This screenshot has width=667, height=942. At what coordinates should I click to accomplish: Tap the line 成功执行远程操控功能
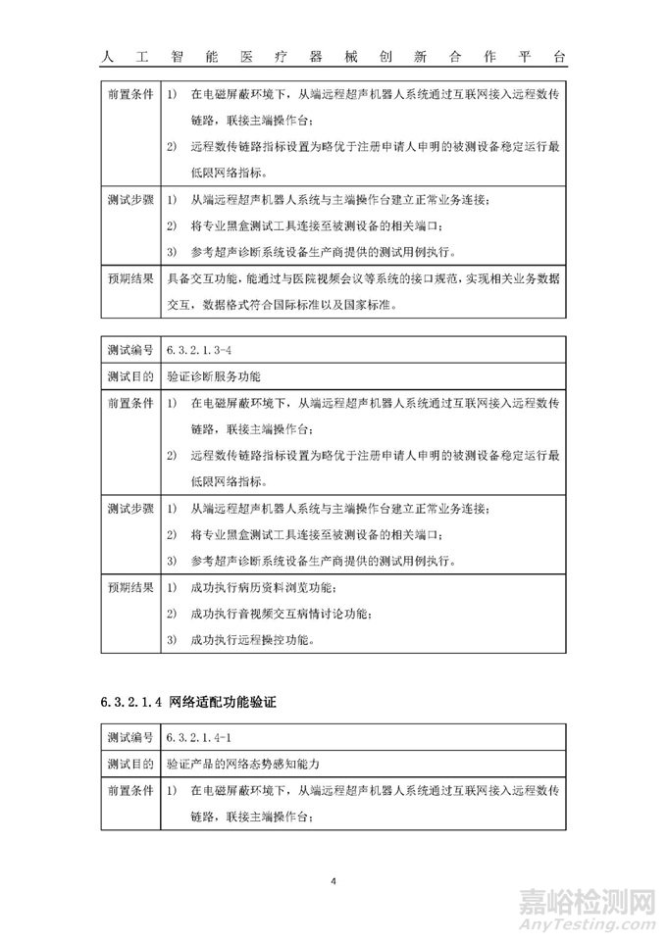point(250,640)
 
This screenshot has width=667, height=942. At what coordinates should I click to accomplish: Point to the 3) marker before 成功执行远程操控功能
point(172,640)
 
